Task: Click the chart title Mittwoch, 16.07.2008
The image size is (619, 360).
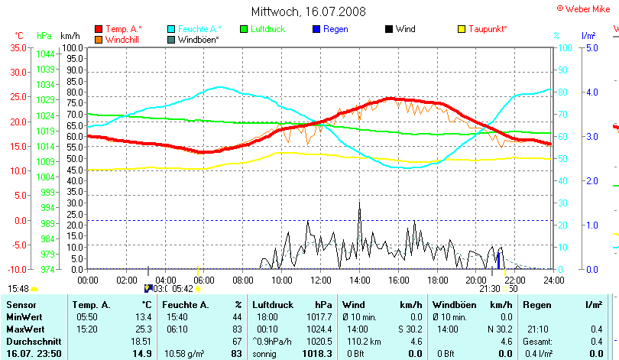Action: (x=309, y=11)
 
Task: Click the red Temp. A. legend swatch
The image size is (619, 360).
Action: (x=99, y=29)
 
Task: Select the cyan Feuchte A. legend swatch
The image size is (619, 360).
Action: (x=171, y=29)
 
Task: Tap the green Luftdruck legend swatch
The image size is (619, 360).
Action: (x=245, y=29)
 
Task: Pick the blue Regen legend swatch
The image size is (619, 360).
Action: (x=317, y=29)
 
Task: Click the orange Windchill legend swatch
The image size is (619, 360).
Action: (x=99, y=39)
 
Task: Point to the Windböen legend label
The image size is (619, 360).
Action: (x=199, y=39)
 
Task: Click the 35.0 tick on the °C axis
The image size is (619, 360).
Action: (x=18, y=47)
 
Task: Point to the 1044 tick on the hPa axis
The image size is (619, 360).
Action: (x=45, y=54)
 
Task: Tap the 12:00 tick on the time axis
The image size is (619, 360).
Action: (x=321, y=279)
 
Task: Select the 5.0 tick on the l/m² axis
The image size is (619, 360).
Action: (x=591, y=47)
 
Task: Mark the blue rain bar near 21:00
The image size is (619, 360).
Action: (x=498, y=261)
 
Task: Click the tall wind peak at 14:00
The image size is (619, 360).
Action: (x=359, y=204)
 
